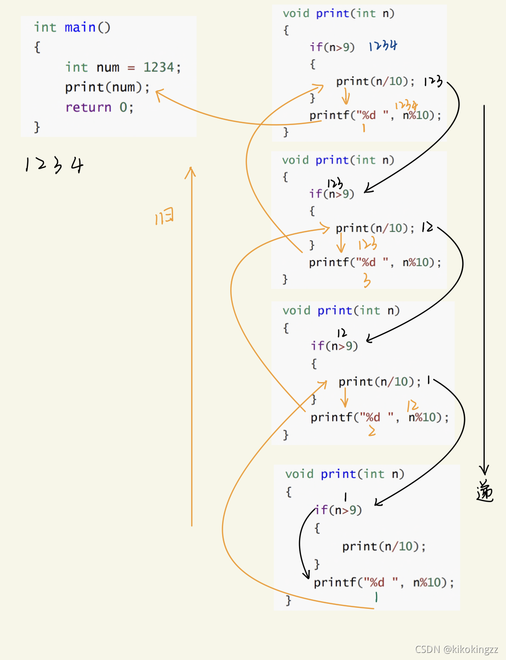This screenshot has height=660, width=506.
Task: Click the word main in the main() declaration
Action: click(80, 27)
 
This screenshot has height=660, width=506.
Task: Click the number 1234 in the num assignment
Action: click(158, 67)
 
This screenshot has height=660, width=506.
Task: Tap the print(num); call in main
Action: click(107, 87)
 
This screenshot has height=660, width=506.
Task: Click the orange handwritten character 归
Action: click(164, 218)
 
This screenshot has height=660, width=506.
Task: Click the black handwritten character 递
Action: click(484, 490)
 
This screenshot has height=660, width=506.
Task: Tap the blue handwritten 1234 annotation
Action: click(383, 46)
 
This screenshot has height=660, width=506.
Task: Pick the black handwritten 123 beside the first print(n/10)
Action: click(433, 81)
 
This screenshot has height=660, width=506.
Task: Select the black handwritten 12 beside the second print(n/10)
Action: click(428, 227)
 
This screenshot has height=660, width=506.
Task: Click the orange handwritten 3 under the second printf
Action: click(367, 280)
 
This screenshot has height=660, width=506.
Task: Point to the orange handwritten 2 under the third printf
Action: click(372, 431)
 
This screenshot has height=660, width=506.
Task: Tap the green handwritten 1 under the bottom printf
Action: click(376, 598)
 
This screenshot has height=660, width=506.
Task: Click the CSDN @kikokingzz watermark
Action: click(456, 649)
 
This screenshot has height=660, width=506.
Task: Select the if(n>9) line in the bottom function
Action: click(338, 510)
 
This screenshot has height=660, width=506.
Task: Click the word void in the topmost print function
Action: click(296, 13)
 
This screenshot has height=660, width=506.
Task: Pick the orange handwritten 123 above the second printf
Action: click(368, 244)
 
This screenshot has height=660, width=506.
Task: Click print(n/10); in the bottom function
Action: click(384, 546)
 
